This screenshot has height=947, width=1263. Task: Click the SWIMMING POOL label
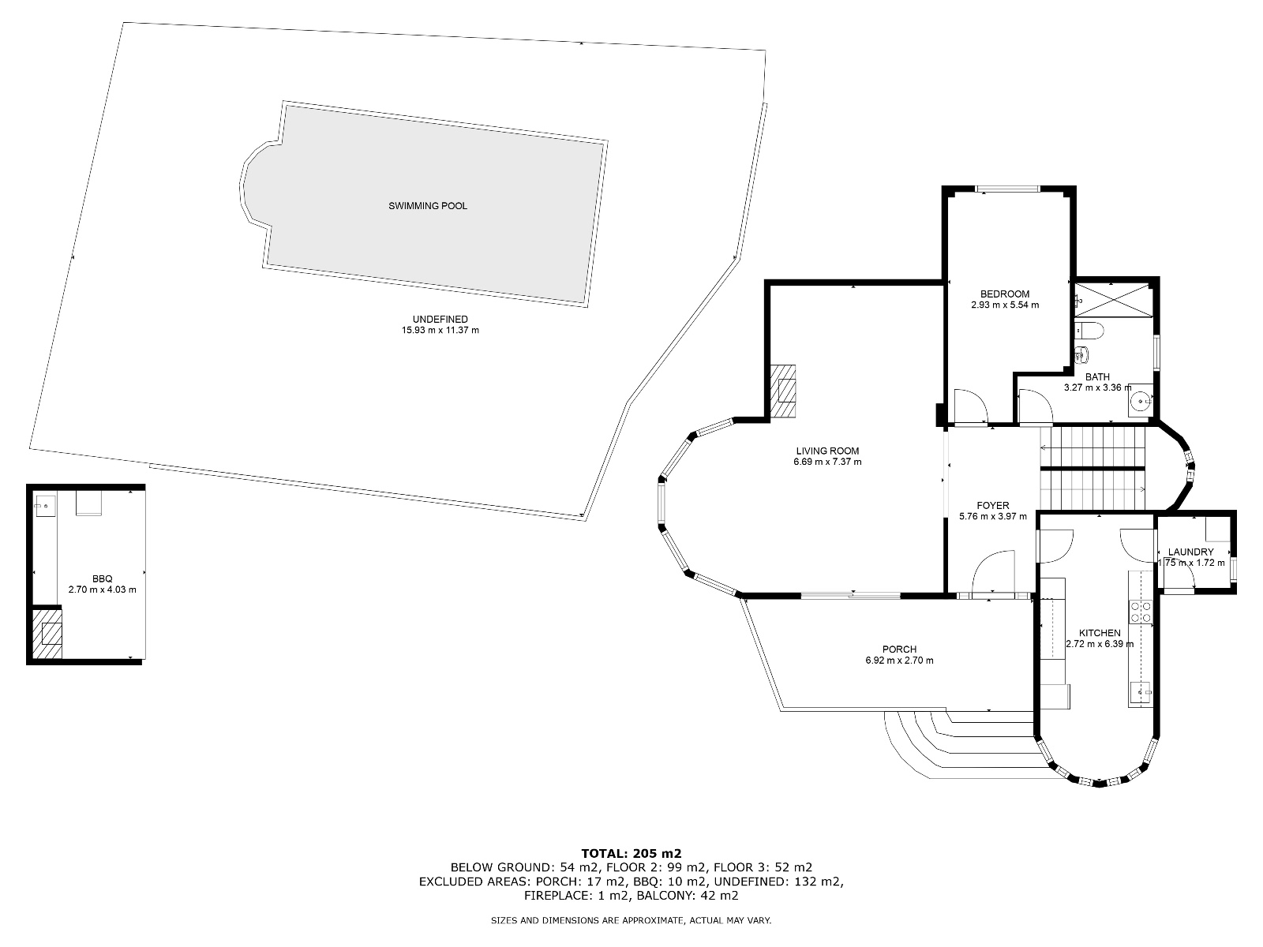(x=428, y=206)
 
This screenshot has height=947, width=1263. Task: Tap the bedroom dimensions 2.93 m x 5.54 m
(x=1004, y=305)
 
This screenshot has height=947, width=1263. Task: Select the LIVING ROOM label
(x=827, y=451)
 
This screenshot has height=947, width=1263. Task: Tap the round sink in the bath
(x=1140, y=402)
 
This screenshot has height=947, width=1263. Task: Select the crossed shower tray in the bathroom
(x=1113, y=299)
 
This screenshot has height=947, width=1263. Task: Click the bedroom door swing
(x=969, y=406)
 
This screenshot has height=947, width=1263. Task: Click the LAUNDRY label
(x=1190, y=552)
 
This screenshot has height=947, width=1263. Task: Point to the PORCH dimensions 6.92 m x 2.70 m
(x=899, y=661)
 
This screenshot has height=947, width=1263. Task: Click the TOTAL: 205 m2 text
(x=631, y=853)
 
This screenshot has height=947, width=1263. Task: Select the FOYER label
(x=992, y=506)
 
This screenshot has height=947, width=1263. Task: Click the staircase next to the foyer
(x=1092, y=470)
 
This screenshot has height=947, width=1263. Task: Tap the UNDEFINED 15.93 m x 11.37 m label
(x=440, y=324)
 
